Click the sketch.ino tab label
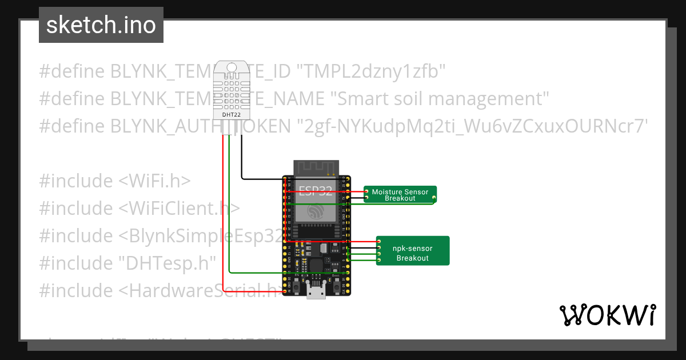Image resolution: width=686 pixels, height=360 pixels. tap(101, 25)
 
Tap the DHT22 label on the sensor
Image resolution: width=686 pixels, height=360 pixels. tap(231, 114)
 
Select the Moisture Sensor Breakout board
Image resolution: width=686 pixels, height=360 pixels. tap(400, 195)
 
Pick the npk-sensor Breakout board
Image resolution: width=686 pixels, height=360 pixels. tap(413, 253)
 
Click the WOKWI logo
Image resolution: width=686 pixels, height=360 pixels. tap(607, 315)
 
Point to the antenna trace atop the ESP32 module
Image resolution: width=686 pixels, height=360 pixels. tap(316, 167)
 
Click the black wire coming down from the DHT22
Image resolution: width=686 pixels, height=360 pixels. tap(241, 160)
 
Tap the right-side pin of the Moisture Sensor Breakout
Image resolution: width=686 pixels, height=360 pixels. tap(434, 198)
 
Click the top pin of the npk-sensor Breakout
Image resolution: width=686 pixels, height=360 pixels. tap(378, 242)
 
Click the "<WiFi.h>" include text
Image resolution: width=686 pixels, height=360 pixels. tap(154, 181)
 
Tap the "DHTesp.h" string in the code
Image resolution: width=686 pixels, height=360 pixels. tap(167, 263)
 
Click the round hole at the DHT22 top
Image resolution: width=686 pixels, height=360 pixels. tap(231, 67)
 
